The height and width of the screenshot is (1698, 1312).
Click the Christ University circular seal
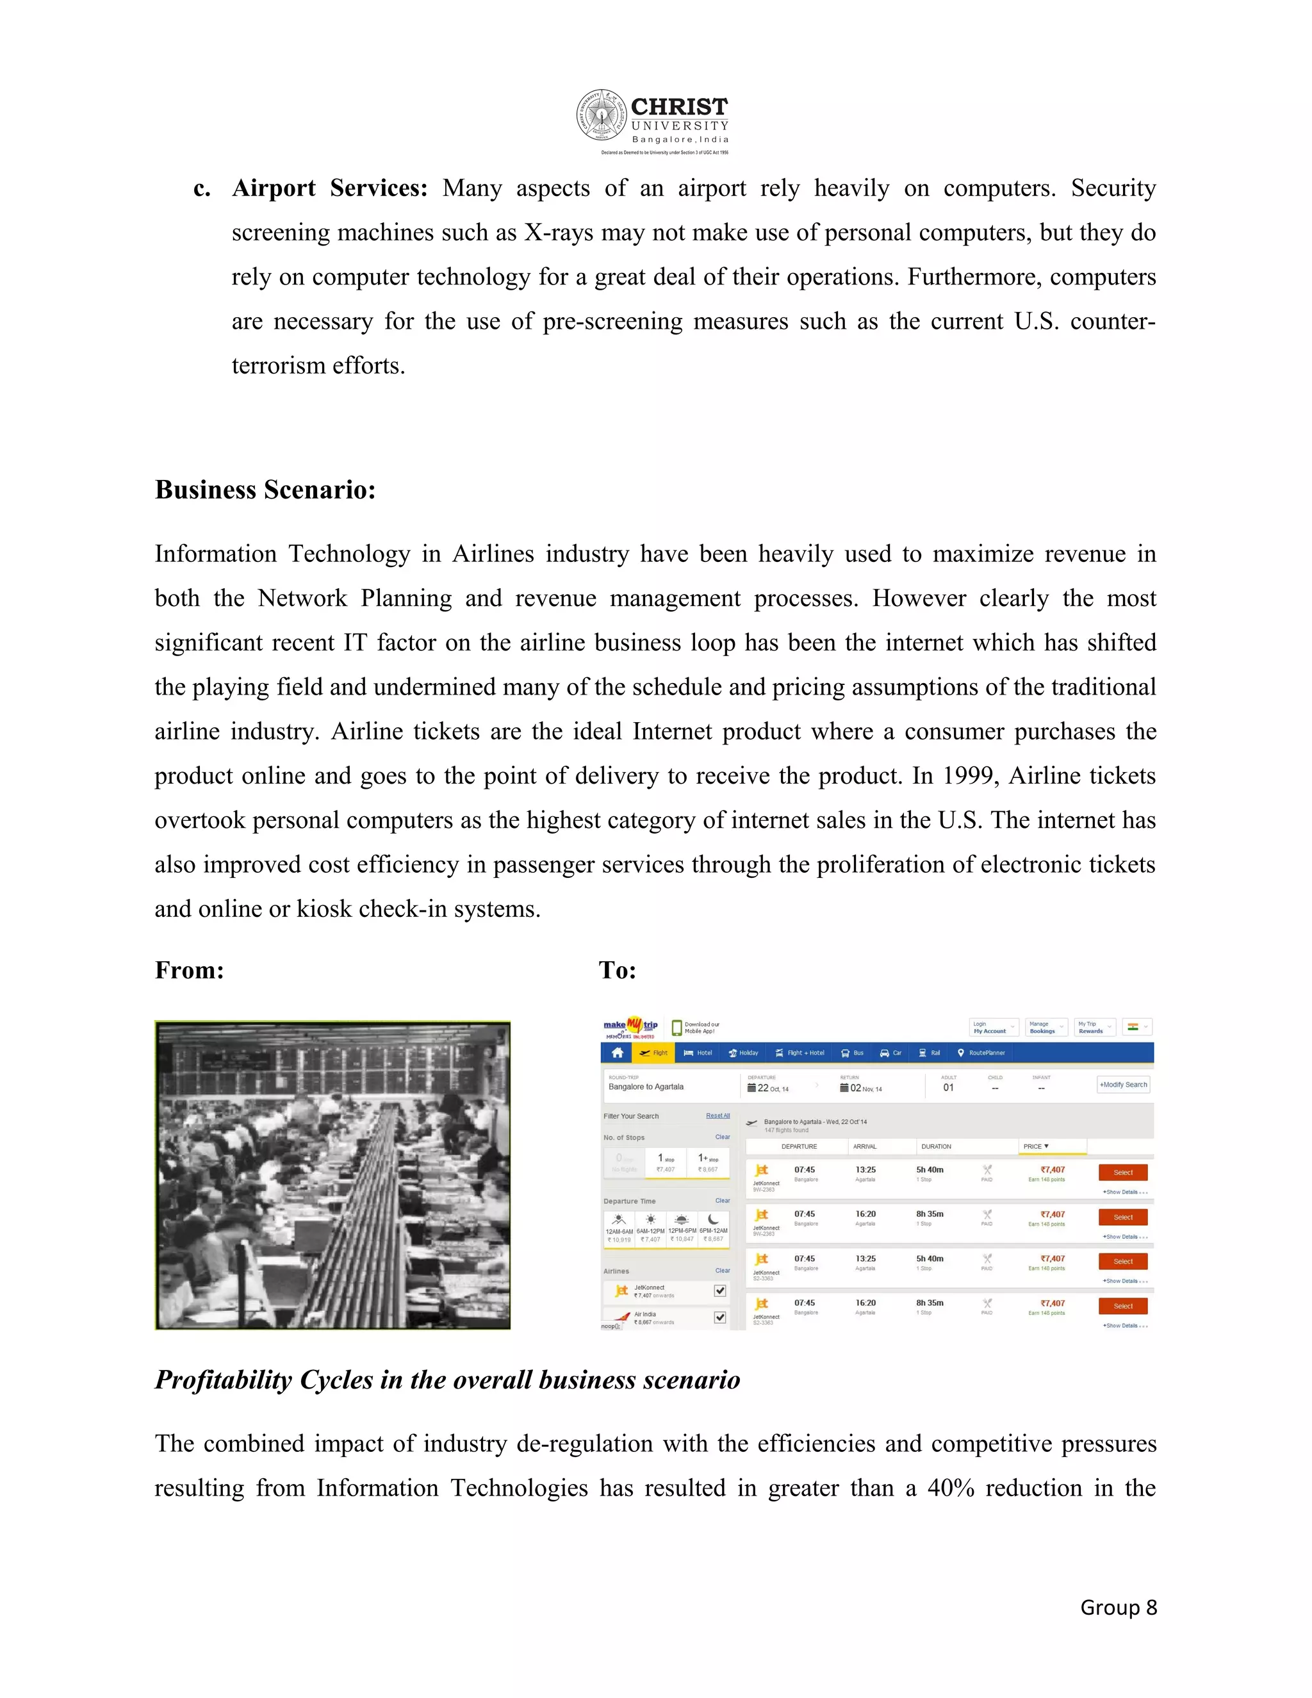[x=601, y=115]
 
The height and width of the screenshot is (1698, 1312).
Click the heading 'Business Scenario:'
[x=265, y=490]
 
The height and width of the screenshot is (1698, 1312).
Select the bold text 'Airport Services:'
[x=329, y=188]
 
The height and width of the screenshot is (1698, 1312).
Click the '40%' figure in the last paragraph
[x=951, y=1487]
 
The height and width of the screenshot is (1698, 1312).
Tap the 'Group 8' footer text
[x=1118, y=1607]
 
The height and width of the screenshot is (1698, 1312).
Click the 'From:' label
[x=189, y=970]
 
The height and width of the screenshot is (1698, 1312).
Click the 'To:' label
[x=617, y=970]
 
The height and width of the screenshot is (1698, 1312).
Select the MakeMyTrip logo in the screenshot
[x=630, y=1027]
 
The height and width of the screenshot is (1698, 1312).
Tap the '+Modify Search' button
[x=1123, y=1085]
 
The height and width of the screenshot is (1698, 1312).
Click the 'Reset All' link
[x=717, y=1116]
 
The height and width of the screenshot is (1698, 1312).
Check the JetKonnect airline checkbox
[x=719, y=1290]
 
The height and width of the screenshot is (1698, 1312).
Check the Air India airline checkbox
[x=719, y=1317]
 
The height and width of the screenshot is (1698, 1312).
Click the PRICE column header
[x=1035, y=1146]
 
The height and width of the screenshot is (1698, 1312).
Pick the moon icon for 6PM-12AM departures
[x=713, y=1219]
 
